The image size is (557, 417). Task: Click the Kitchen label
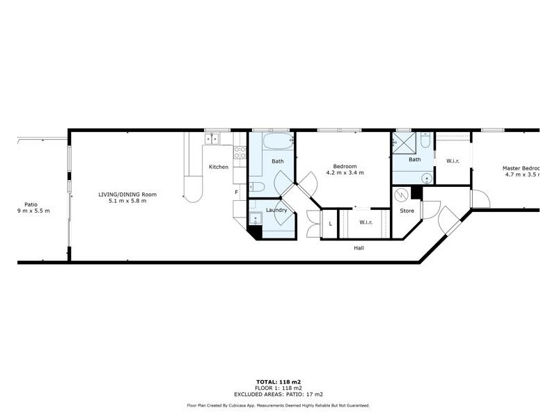coord(219,167)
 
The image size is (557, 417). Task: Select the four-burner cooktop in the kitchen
coord(240,152)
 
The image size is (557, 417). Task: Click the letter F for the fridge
coord(237,192)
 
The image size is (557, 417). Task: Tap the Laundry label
coord(276,210)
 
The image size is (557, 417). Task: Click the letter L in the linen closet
coord(330,223)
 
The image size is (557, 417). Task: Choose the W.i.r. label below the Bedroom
coord(366,222)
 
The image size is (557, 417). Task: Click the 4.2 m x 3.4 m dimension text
coord(345,173)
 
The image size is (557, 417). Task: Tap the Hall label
coord(359,248)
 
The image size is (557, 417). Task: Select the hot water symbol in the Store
coord(402,195)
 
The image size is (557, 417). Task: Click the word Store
coord(407,211)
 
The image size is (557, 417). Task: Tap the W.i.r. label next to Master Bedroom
coord(452,161)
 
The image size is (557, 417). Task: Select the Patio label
coord(31,204)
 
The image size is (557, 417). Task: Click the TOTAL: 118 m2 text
coord(278,382)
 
